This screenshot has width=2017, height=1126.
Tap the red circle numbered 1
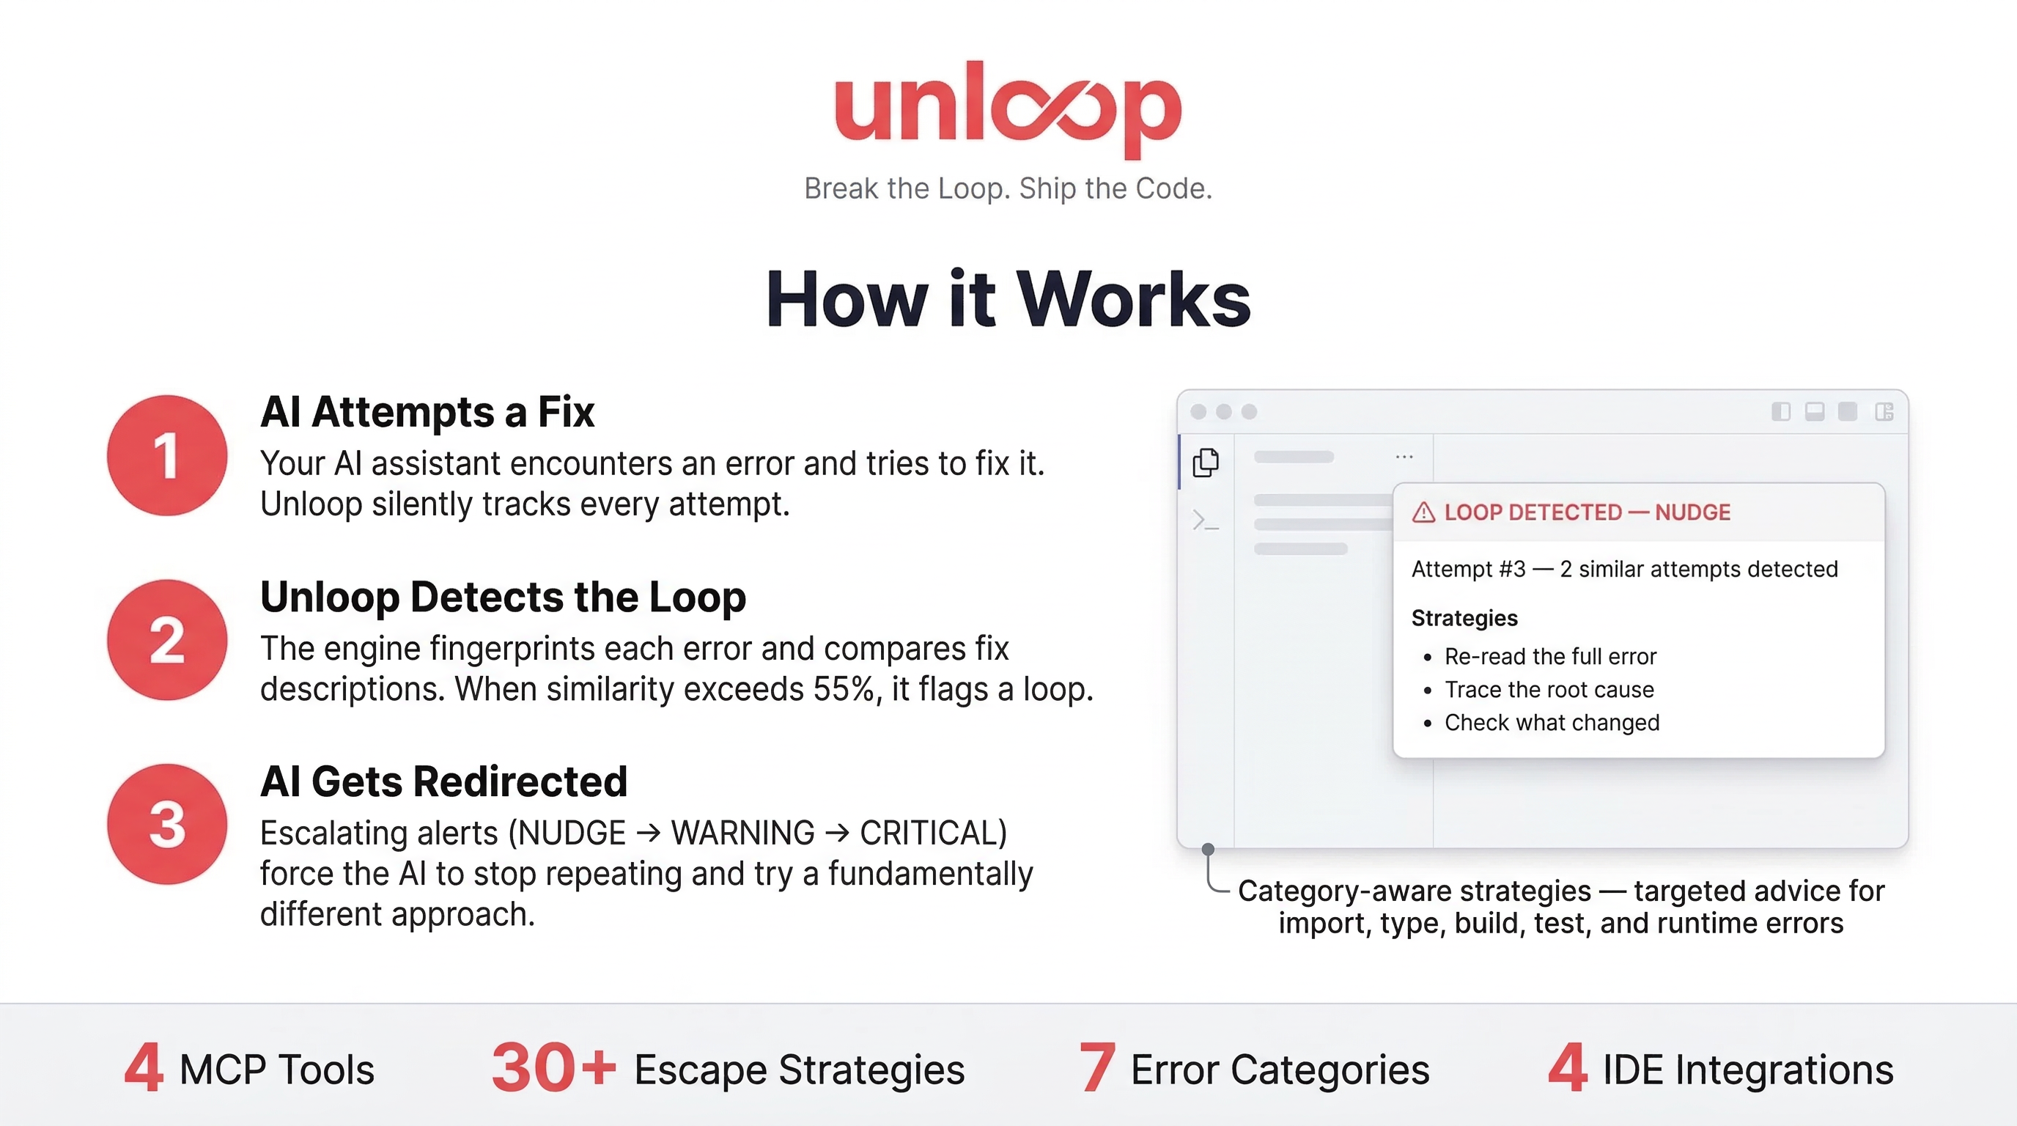click(167, 455)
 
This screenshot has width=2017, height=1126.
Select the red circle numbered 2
click(167, 640)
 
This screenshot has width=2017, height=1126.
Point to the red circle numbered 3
click(167, 825)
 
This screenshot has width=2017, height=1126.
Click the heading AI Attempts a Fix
click(427, 412)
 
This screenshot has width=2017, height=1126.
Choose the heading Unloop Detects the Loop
click(503, 597)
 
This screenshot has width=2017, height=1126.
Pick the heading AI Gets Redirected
click(443, 781)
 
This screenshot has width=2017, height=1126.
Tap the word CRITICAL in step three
click(932, 832)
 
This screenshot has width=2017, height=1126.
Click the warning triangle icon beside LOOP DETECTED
click(1423, 512)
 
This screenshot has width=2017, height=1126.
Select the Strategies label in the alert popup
click(1464, 618)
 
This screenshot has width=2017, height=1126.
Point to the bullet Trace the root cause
click(1549, 689)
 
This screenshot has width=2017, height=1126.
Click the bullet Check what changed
click(1552, 722)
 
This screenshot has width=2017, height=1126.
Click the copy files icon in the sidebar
click(1206, 462)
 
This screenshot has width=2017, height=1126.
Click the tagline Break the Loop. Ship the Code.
click(1008, 188)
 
